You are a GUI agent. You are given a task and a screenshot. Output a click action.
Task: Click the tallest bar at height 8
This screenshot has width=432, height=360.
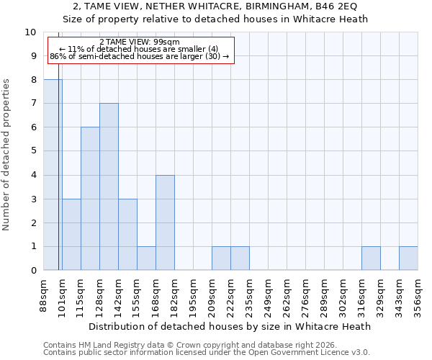53,175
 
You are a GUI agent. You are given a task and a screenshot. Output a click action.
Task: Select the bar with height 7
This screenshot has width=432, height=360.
109,186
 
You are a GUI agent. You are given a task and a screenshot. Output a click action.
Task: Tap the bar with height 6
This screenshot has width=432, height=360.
90,199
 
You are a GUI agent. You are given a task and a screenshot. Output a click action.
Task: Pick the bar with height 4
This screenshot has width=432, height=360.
165,222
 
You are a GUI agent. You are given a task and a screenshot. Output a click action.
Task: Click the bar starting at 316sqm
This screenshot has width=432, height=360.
371,258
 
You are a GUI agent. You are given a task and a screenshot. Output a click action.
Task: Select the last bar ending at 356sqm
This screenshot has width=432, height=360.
408,258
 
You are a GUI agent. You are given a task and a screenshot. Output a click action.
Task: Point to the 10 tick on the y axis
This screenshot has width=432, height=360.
31,32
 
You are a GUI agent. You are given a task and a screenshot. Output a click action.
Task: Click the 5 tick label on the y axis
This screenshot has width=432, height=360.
33,151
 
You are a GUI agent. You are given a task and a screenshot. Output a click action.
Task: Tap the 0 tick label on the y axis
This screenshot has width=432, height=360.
33,271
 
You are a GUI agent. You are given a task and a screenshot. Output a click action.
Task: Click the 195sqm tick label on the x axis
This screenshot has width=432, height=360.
194,296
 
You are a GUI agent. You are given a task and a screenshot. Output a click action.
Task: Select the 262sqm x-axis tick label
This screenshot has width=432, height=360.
287,296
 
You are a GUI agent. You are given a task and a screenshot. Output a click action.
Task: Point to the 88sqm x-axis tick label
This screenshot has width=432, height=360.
44,296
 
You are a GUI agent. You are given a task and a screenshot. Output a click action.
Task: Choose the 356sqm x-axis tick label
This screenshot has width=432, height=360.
418,296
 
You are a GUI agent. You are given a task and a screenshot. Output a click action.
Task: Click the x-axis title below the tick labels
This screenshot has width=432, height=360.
230,326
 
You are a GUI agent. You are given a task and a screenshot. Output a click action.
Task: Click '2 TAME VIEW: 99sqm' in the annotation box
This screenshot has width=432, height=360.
140,42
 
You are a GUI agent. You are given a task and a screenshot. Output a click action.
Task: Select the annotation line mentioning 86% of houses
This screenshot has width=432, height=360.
140,56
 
